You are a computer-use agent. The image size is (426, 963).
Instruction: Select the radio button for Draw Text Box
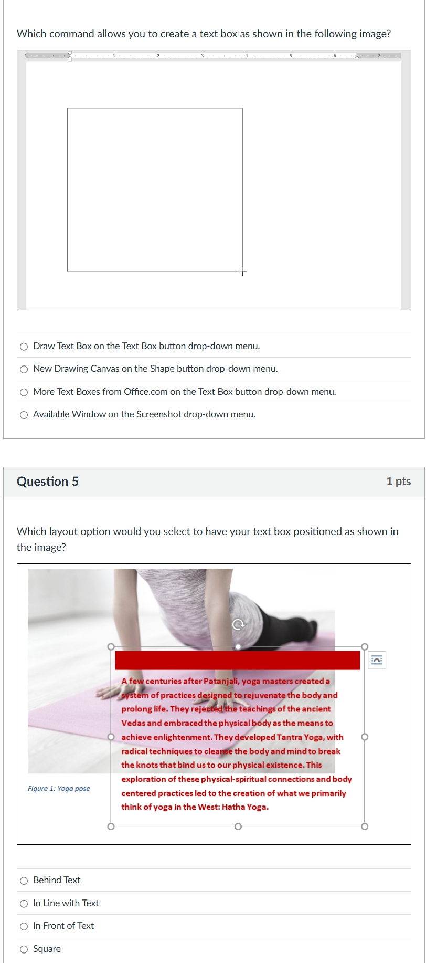pyautogui.click(x=24, y=347)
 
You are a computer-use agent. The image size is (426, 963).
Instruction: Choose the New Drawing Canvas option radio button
pyautogui.click(x=24, y=369)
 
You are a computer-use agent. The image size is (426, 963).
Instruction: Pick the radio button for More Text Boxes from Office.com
pyautogui.click(x=24, y=392)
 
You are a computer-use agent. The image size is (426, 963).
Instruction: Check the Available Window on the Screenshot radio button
pyautogui.click(x=24, y=415)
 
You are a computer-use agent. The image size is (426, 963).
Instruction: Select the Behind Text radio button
pyautogui.click(x=24, y=881)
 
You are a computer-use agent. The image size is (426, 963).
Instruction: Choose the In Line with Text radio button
pyautogui.click(x=24, y=904)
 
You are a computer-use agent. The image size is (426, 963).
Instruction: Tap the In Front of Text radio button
pyautogui.click(x=24, y=926)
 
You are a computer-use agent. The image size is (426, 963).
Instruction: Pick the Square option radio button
pyautogui.click(x=24, y=949)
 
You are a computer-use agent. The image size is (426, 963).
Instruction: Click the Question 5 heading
pyautogui.click(x=48, y=481)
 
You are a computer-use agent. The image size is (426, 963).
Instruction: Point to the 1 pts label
pyautogui.click(x=398, y=481)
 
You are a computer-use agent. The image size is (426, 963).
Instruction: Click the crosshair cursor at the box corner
pyautogui.click(x=242, y=271)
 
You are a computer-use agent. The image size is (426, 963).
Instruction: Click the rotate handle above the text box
pyautogui.click(x=238, y=624)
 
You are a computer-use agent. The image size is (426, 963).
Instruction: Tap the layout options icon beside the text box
pyautogui.click(x=377, y=660)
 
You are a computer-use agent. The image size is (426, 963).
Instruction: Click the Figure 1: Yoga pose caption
pyautogui.click(x=59, y=789)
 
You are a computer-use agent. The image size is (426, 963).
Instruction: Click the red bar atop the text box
pyautogui.click(x=237, y=660)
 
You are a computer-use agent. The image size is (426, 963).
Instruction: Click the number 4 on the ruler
pyautogui.click(x=246, y=55)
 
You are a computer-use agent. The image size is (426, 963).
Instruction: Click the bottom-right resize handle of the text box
pyautogui.click(x=365, y=826)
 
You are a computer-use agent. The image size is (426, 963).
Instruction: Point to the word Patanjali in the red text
pyautogui.click(x=222, y=681)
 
